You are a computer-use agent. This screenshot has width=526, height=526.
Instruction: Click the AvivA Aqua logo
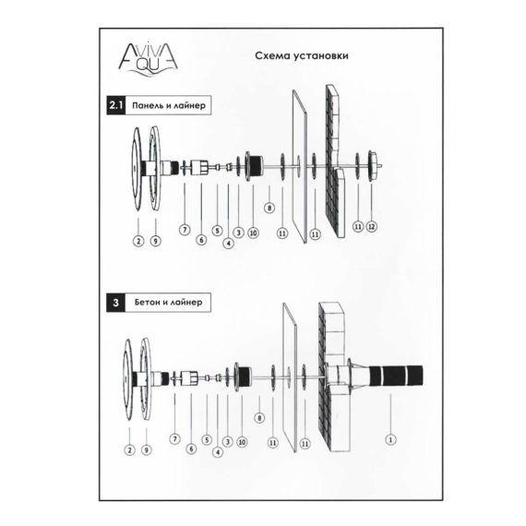pos(148,60)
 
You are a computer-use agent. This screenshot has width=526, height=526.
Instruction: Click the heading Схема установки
pos(302,55)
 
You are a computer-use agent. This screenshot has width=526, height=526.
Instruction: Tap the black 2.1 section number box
pos(116,105)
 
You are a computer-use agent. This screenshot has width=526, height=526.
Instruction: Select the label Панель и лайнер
pos(168,106)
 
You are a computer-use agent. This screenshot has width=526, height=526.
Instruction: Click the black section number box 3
pos(115,303)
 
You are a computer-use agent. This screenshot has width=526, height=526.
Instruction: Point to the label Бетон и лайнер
pos(168,303)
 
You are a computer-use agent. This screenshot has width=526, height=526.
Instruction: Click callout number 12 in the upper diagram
pos(371,227)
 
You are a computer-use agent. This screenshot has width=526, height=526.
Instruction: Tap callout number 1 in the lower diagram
pos(390,439)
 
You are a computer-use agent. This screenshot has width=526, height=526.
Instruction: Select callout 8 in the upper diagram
pos(269,208)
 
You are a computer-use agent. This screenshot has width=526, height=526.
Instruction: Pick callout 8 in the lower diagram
pos(259,418)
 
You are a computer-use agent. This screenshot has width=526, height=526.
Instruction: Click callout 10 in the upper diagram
pos(253,233)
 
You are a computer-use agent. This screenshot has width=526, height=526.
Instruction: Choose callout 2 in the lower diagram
pos(129,449)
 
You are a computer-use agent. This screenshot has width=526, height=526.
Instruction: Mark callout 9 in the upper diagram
pos(156,241)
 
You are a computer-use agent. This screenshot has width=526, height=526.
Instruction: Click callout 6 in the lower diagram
pos(191,448)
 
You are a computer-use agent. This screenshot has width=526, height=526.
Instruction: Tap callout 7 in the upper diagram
pos(185,230)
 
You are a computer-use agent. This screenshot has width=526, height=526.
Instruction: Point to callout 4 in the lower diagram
pos(218,452)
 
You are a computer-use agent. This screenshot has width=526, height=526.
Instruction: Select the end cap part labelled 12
pos(374,166)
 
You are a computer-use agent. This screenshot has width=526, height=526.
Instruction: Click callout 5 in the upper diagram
pos(218,231)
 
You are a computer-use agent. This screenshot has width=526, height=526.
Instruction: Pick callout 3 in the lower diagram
pos(228,441)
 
